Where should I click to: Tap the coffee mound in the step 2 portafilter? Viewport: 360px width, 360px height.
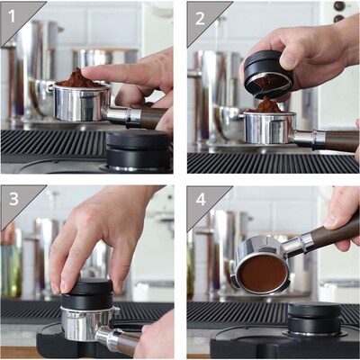(267, 106)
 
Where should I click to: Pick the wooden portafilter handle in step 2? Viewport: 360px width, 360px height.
(337, 139)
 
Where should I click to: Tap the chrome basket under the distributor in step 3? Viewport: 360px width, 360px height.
(85, 322)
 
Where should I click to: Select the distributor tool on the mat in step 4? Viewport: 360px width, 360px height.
(313, 317)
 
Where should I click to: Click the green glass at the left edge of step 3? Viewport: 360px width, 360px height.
(9, 270)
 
